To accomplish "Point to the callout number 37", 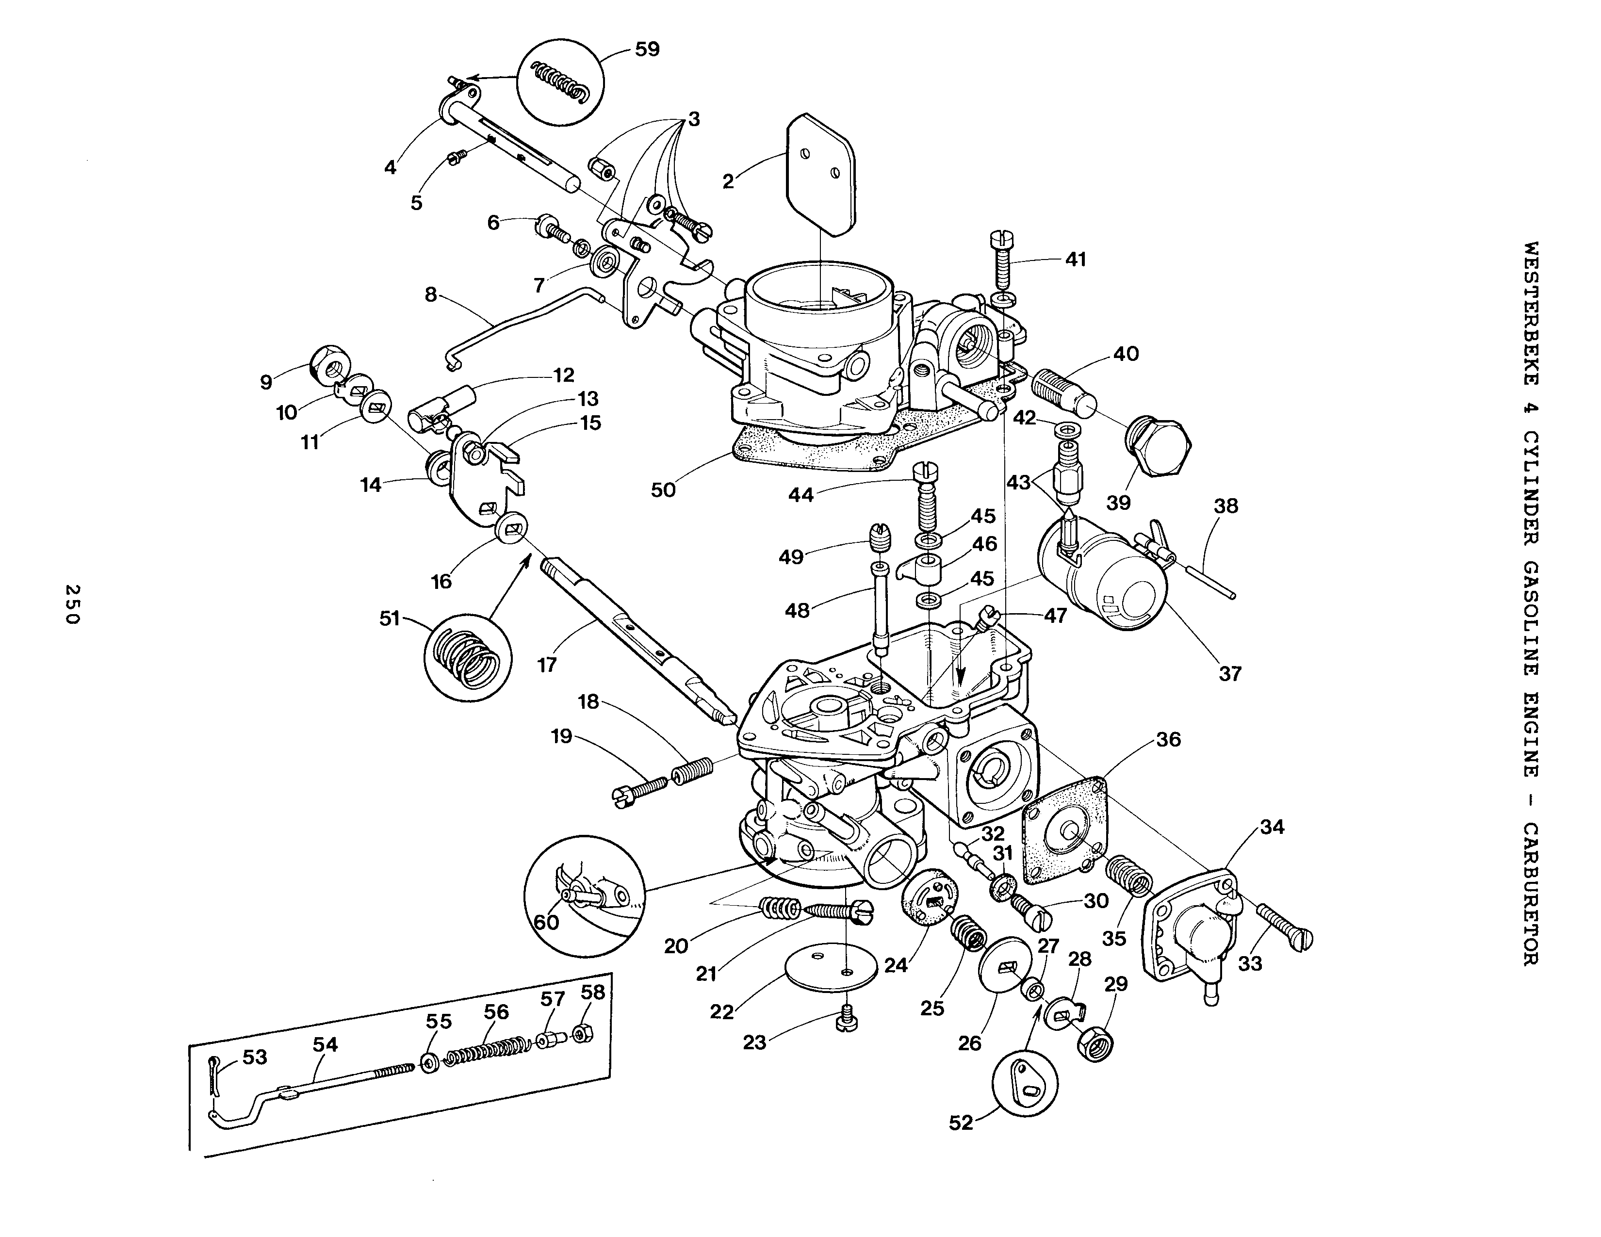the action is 1229,673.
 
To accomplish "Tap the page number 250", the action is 72,604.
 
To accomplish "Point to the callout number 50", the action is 663,489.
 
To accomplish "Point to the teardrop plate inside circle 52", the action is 1024,1085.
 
